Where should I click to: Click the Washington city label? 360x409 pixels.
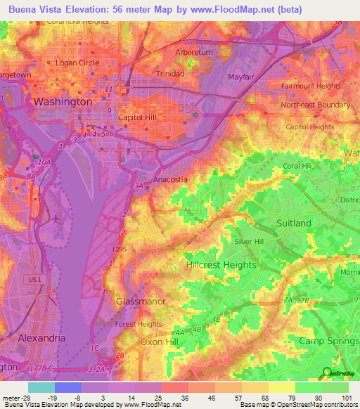[x=63, y=101]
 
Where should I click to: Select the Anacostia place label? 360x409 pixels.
[x=170, y=179]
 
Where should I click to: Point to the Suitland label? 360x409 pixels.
[x=294, y=223]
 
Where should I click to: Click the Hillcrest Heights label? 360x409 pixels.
[x=221, y=266]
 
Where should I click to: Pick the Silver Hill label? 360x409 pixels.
[x=252, y=241]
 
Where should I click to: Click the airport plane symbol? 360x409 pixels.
[x=56, y=218]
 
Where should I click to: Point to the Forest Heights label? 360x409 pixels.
[x=139, y=324]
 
